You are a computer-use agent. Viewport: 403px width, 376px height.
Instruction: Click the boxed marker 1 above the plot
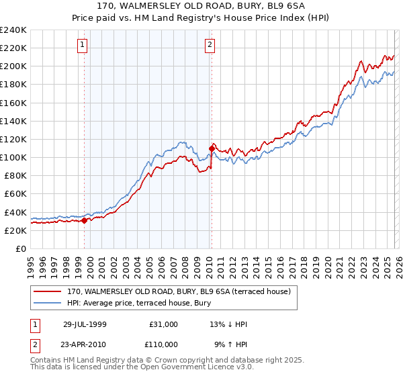pyautogui.click(x=82, y=45)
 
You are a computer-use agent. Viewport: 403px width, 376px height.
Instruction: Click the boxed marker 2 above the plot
pyautogui.click(x=210, y=45)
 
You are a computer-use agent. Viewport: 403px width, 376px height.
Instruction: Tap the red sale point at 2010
pyautogui.click(x=212, y=148)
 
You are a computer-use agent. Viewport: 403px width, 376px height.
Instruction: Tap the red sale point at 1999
pyautogui.click(x=84, y=220)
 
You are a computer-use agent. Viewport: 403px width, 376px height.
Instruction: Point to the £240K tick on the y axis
pyautogui.click(x=13, y=30)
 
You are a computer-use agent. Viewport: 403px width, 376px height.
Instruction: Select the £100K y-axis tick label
pyautogui.click(x=13, y=158)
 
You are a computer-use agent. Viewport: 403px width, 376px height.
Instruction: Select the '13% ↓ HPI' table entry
pyautogui.click(x=228, y=324)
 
